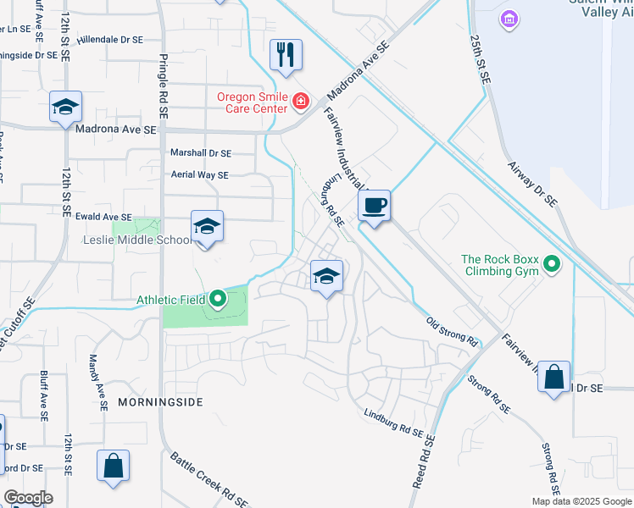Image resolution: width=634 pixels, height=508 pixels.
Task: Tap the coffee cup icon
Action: (x=374, y=205)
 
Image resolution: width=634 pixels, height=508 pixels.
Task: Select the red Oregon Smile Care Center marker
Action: (x=299, y=102)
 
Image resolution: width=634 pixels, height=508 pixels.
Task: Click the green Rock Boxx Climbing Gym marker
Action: (x=553, y=265)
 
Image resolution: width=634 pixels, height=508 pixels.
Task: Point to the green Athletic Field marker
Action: (x=218, y=298)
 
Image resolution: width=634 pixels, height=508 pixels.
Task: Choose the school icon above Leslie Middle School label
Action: (x=207, y=226)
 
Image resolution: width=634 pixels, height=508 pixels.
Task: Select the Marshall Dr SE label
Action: (x=201, y=153)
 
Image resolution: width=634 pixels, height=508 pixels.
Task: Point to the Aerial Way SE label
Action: (x=200, y=175)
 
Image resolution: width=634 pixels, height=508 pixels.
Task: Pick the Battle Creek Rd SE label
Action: (x=209, y=478)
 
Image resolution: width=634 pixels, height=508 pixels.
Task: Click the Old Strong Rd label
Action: (x=452, y=331)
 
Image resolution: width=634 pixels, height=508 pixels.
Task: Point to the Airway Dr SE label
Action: (x=532, y=185)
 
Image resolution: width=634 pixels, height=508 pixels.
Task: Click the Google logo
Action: (x=28, y=498)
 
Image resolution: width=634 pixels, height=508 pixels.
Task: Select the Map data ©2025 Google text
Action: (x=581, y=501)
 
